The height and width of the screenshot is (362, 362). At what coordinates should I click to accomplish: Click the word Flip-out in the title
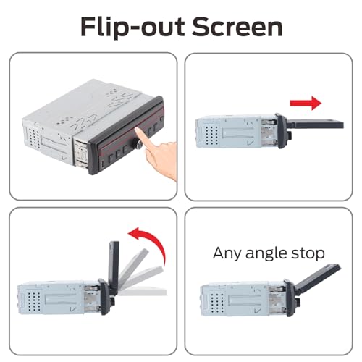click(132, 27)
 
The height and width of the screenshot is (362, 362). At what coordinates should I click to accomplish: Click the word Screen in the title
click(237, 27)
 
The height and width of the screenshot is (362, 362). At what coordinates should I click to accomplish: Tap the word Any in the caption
click(227, 254)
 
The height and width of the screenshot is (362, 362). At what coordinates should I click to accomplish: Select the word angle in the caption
click(266, 254)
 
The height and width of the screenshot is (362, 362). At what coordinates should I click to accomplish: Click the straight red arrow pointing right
click(306, 103)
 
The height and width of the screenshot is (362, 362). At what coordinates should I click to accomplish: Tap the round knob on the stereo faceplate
click(140, 144)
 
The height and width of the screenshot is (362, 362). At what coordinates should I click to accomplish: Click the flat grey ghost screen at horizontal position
click(143, 292)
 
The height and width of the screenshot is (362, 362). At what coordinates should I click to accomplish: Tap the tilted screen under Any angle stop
click(316, 278)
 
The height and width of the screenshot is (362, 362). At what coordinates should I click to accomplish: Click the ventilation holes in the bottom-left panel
click(34, 301)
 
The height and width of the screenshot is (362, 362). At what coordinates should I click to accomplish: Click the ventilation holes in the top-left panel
click(35, 138)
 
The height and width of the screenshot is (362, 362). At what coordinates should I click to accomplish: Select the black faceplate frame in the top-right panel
click(282, 130)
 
